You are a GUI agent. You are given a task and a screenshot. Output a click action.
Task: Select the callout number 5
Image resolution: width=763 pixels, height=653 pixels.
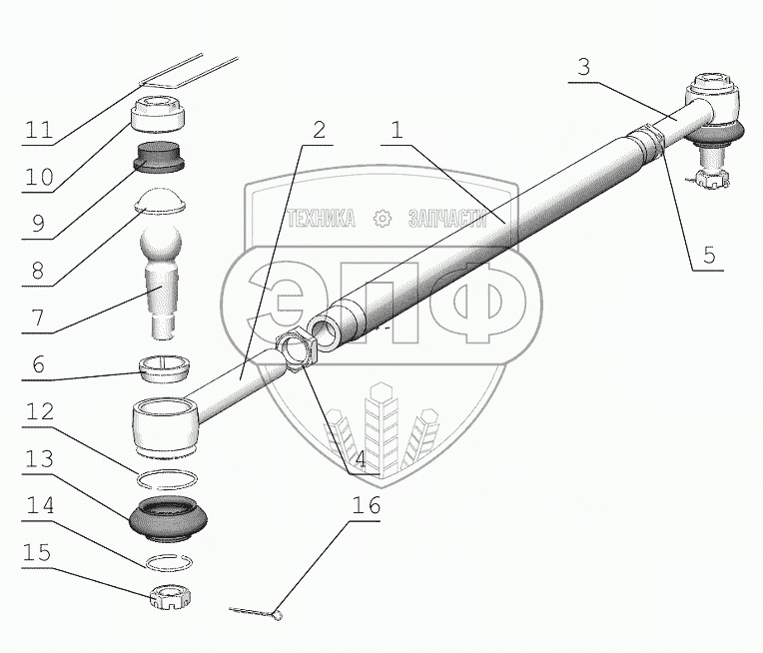[x=708, y=255]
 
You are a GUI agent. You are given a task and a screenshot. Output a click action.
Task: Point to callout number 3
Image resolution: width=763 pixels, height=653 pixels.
[x=584, y=69]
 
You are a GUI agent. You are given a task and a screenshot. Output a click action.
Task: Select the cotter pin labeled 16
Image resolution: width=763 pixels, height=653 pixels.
[x=257, y=612]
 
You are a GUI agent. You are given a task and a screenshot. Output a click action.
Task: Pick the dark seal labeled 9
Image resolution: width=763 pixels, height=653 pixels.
[x=162, y=157]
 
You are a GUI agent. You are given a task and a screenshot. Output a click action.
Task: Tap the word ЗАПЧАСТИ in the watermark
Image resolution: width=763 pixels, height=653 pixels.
[x=446, y=219]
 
